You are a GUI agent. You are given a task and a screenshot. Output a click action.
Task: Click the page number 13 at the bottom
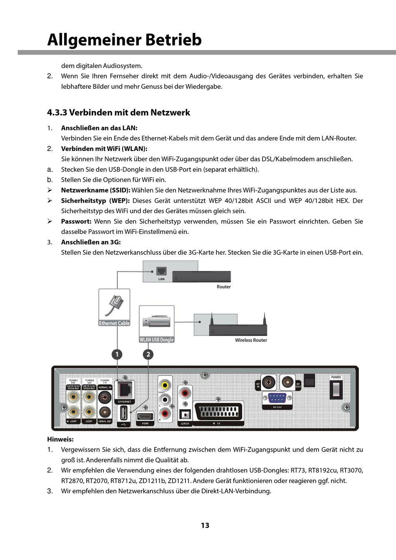(205, 525)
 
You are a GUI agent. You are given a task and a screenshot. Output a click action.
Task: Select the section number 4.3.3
(57, 113)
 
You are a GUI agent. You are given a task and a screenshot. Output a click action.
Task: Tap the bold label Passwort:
(76, 221)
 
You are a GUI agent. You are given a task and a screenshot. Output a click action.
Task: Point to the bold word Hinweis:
(60, 439)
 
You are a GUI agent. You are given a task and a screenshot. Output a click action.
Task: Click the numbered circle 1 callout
(117, 354)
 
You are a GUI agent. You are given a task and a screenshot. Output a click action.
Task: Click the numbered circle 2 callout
(148, 354)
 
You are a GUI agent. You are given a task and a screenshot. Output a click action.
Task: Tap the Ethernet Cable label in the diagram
(114, 323)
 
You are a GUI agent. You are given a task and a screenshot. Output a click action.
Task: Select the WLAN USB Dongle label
(156, 340)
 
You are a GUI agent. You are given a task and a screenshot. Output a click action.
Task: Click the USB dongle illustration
(156, 322)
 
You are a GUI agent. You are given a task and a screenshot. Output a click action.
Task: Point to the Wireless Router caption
(251, 340)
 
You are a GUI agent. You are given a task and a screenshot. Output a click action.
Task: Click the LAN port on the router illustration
(161, 271)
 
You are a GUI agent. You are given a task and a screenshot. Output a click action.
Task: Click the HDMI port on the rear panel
(145, 416)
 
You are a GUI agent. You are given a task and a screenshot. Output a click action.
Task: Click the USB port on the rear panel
(124, 414)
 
